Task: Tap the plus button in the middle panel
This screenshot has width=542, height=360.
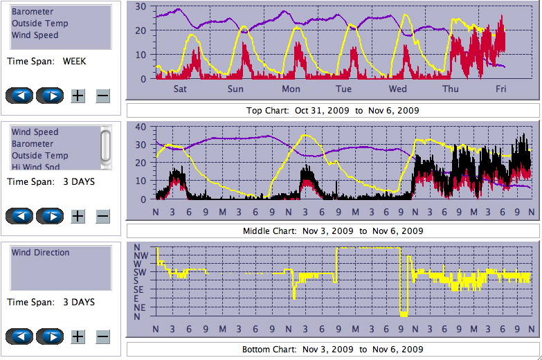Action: tap(78, 216)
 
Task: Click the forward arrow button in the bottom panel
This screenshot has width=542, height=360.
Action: tap(50, 336)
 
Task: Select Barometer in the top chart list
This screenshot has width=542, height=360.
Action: tap(33, 12)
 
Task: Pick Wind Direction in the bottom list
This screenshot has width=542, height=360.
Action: tap(40, 253)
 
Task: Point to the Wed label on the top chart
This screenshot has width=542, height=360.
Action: tap(398, 89)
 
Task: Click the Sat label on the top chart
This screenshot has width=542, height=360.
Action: tap(180, 89)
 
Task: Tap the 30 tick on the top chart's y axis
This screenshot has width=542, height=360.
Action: tap(141, 6)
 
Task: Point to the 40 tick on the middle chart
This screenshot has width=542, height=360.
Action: tap(141, 127)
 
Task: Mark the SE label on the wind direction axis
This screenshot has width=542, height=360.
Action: tap(139, 289)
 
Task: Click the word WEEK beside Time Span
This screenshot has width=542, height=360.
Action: tap(74, 61)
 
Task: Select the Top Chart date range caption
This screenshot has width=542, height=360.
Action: tap(332, 110)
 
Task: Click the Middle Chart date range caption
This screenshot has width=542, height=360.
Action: tap(332, 231)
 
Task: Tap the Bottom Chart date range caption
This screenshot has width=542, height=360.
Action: tap(332, 349)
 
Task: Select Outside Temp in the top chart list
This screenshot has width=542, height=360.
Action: tap(39, 23)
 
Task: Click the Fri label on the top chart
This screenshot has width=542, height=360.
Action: tap(500, 89)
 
